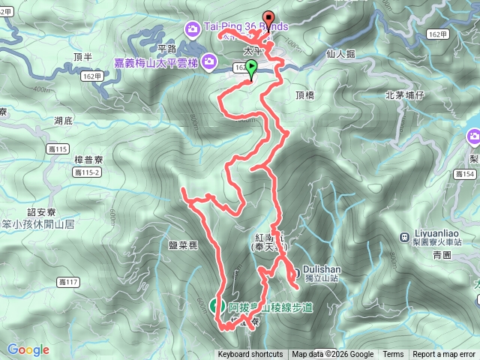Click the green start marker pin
(x=250, y=68)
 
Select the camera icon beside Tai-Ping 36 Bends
(x=191, y=29)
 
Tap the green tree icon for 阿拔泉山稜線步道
(x=214, y=305)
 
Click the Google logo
(x=28, y=349)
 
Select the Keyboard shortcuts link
(x=250, y=355)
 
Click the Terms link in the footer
(x=393, y=355)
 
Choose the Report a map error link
(x=445, y=355)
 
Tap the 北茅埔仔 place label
(x=405, y=95)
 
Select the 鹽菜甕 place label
(x=182, y=244)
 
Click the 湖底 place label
(x=64, y=121)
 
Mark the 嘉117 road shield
(x=67, y=282)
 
